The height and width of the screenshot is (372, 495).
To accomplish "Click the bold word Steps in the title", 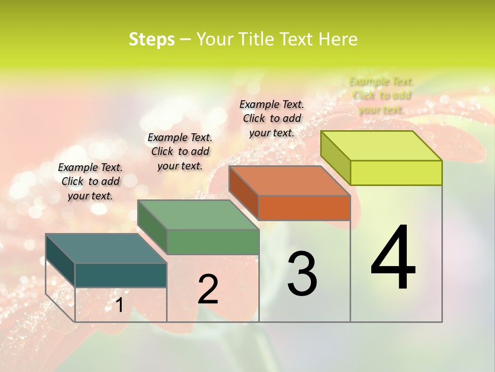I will (152, 39).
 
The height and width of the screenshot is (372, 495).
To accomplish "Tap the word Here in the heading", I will (338, 39).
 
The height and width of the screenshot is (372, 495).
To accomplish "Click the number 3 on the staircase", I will (302, 274).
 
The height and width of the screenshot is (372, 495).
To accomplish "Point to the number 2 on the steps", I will (208, 289).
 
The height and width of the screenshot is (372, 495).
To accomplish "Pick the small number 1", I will (119, 305).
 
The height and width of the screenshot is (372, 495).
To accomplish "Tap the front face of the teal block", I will (121, 275).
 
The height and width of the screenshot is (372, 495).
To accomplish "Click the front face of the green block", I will (213, 242).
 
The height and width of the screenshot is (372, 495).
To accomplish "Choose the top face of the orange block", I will (289, 181).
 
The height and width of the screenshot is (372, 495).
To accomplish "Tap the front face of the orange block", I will (304, 208).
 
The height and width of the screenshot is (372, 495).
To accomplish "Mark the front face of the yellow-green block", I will (396, 173).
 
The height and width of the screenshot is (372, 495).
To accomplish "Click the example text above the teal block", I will (90, 181).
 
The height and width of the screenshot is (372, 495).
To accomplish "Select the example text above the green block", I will (180, 151).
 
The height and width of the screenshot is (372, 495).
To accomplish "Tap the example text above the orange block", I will (272, 118).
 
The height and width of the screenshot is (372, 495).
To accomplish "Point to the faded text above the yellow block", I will (382, 96).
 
